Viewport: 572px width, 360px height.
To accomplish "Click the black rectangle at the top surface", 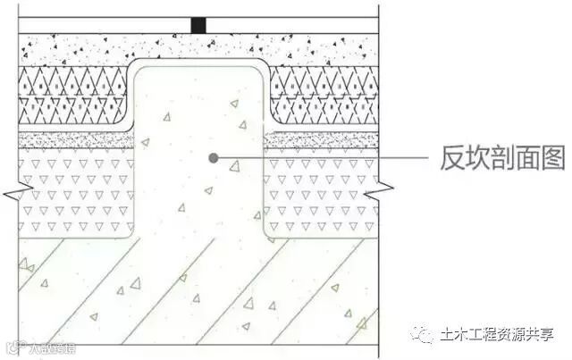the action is tap(198, 26).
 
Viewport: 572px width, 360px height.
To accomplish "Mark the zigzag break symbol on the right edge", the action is tap(383, 188).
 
